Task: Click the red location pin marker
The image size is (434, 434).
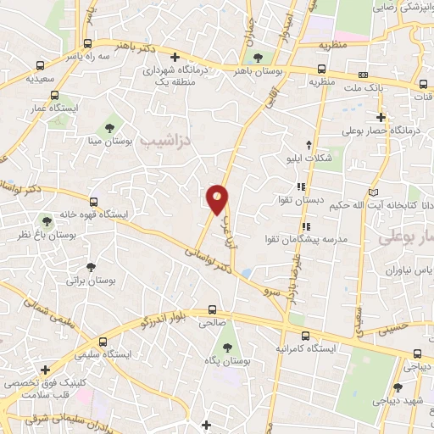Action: [218, 200]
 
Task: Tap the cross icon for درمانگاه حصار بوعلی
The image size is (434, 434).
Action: [381, 117]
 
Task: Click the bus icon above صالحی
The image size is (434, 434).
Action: [212, 309]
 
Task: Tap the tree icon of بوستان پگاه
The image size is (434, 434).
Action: [225, 348]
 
